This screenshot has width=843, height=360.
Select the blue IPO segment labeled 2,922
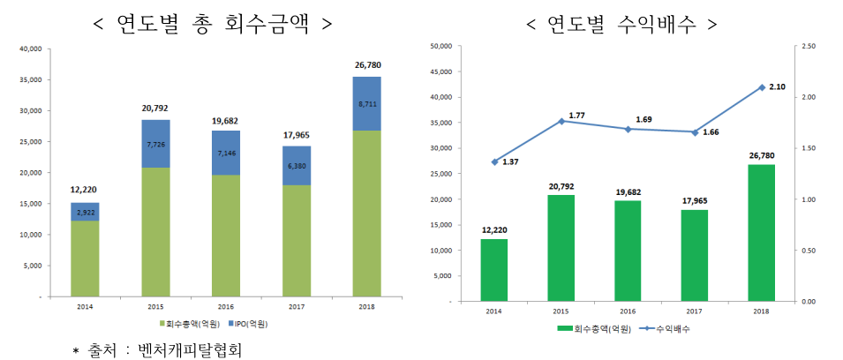(85, 212)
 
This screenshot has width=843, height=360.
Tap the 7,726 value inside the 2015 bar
(156, 143)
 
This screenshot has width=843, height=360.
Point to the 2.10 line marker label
(778, 87)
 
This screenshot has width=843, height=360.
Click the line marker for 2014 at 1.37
(495, 161)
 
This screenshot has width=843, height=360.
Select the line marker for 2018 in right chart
(761, 87)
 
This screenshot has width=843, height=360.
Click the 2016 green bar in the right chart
(628, 251)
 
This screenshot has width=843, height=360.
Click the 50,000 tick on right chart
(439, 45)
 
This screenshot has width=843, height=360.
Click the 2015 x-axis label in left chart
(156, 308)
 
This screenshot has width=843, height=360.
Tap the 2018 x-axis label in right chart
(761, 311)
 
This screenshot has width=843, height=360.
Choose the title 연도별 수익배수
(621, 22)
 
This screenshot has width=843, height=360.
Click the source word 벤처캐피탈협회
(184, 349)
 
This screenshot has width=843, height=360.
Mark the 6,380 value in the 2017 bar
(297, 165)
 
